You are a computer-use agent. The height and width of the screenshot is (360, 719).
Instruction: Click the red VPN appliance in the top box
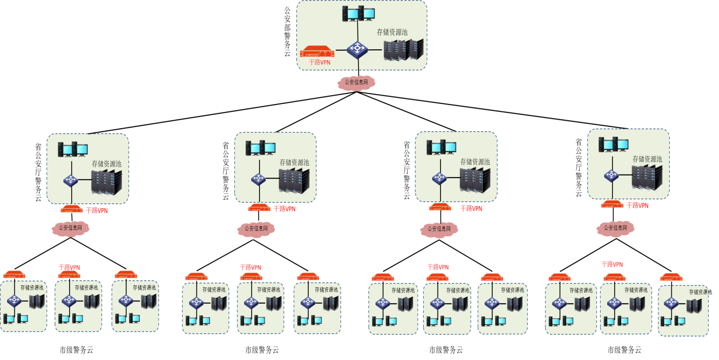pos(317,52)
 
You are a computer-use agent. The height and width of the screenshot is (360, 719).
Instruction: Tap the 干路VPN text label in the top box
pos(319,62)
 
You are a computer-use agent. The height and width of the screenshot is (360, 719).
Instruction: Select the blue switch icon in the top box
pos(357,49)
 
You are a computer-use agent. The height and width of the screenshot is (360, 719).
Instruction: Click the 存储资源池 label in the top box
pos(392,32)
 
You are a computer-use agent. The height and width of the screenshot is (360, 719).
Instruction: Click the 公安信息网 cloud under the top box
pos(356,83)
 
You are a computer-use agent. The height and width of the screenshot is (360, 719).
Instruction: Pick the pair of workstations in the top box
pos(358,13)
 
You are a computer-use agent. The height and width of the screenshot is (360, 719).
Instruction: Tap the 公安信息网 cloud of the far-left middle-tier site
pos(70,228)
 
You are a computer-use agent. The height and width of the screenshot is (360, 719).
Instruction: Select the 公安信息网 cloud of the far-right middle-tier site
pos(615,228)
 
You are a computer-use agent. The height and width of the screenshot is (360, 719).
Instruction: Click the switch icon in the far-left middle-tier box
pos(71,180)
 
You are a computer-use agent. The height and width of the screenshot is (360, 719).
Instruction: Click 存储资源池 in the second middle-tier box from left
pos(294,163)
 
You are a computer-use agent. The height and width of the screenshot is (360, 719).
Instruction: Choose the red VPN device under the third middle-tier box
pos(440,207)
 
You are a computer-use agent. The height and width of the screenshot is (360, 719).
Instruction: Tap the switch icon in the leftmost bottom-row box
pos(14,300)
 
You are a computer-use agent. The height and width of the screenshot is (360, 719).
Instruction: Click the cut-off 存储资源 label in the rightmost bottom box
pos(698,292)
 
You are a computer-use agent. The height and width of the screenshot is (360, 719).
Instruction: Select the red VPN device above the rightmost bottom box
pos(671,277)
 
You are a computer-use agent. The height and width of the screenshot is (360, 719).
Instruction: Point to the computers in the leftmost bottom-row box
pos(15,319)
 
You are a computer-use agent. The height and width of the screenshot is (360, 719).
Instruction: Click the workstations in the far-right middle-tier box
pos(613,144)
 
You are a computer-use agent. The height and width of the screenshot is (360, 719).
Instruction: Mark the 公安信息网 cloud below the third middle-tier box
pos(439,229)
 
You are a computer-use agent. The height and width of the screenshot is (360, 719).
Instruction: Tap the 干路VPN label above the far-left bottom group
pos(69,268)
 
